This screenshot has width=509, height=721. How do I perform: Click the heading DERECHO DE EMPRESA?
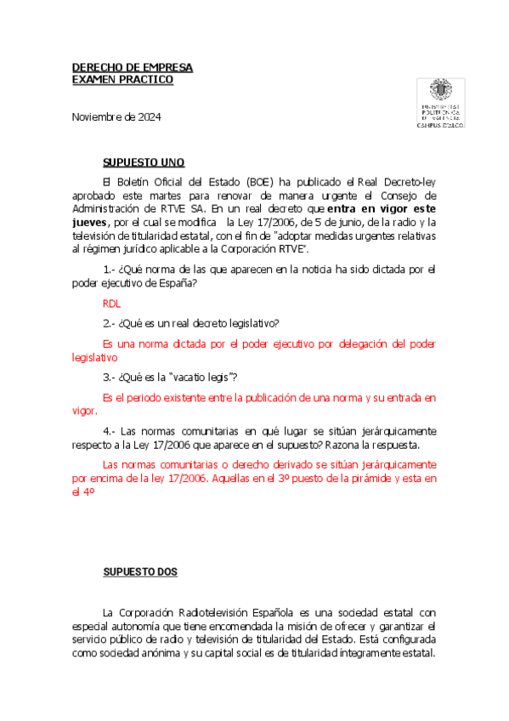[132, 67]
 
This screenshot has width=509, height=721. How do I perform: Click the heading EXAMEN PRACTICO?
[122, 79]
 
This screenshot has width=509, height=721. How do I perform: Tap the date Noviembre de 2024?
[116, 116]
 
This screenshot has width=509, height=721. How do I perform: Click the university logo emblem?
[439, 91]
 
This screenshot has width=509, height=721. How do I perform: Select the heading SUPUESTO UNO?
[144, 162]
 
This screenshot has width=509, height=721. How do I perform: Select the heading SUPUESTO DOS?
[140, 572]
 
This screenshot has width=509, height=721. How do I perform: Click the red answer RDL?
[111, 303]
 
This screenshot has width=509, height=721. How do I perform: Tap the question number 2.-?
[109, 323]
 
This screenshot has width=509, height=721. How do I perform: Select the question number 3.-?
[109, 377]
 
